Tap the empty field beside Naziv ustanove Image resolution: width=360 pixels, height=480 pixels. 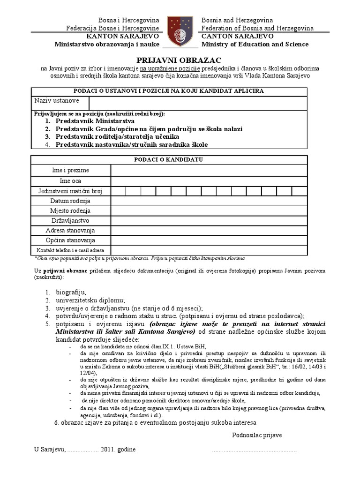[198, 103]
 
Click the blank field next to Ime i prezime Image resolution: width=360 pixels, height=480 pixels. [209, 170]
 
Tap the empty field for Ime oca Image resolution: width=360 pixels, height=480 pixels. [209, 181]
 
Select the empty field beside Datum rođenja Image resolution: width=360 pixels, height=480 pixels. [209, 201]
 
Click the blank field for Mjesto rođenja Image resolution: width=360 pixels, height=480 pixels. [209, 211]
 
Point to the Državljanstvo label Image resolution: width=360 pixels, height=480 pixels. [70, 221]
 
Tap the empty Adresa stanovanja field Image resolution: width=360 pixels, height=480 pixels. [209, 231]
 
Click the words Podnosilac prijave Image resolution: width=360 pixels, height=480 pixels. [257, 435]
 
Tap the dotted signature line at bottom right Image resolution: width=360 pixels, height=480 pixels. [254, 450]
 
